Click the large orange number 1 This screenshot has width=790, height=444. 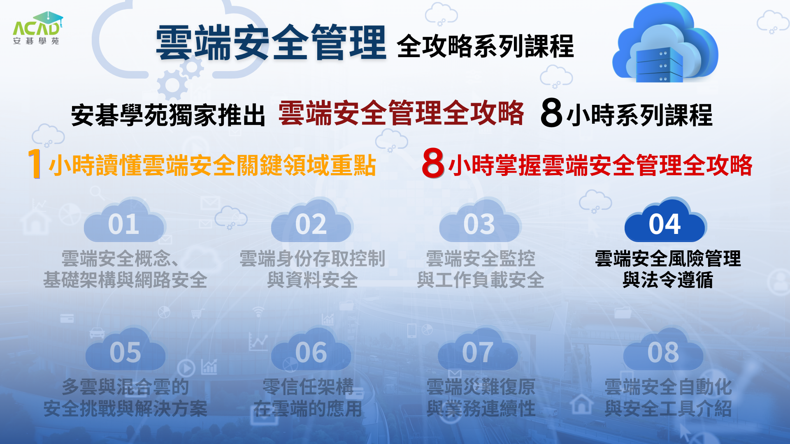pyautogui.click(x=35, y=164)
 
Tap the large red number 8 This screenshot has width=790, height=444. pyautogui.click(x=433, y=163)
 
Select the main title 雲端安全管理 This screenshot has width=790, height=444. pyautogui.click(x=271, y=42)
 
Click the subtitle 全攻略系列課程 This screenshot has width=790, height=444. pyautogui.click(x=486, y=46)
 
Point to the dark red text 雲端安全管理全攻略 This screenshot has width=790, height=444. pyautogui.click(x=401, y=113)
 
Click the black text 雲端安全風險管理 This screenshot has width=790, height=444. pyautogui.click(x=668, y=259)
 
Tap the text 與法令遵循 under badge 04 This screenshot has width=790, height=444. pyautogui.click(x=668, y=280)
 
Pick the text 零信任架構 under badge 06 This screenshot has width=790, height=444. pyautogui.click(x=308, y=387)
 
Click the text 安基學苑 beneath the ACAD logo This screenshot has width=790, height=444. pyautogui.click(x=36, y=41)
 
